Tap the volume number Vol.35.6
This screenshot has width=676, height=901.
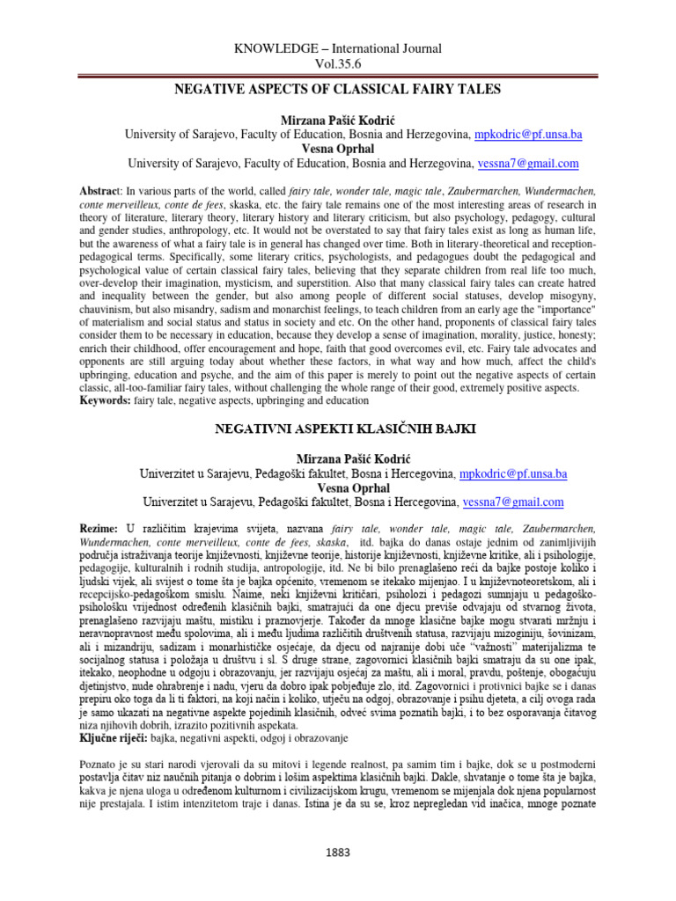pyautogui.click(x=338, y=64)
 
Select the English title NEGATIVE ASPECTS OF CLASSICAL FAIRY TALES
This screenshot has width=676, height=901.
pyautogui.click(x=337, y=90)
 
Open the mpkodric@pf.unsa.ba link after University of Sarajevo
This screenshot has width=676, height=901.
pyautogui.click(x=528, y=135)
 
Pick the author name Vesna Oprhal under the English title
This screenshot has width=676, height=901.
pyautogui.click(x=339, y=149)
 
